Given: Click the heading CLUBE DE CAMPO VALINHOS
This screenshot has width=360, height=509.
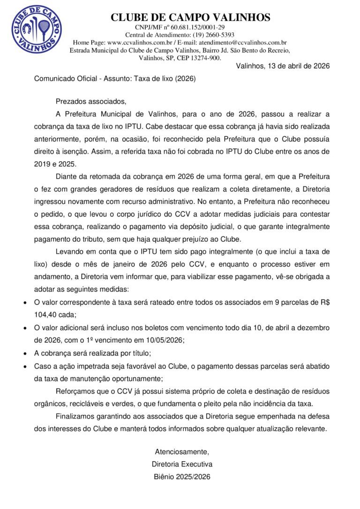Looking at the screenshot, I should [190, 17].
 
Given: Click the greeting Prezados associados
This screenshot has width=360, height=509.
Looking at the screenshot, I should [91, 101].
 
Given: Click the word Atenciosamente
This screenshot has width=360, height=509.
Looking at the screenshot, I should [182, 452].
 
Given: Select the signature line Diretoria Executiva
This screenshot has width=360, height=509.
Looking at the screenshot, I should [182, 464].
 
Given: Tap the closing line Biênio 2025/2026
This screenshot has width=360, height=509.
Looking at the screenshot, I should [182, 477].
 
